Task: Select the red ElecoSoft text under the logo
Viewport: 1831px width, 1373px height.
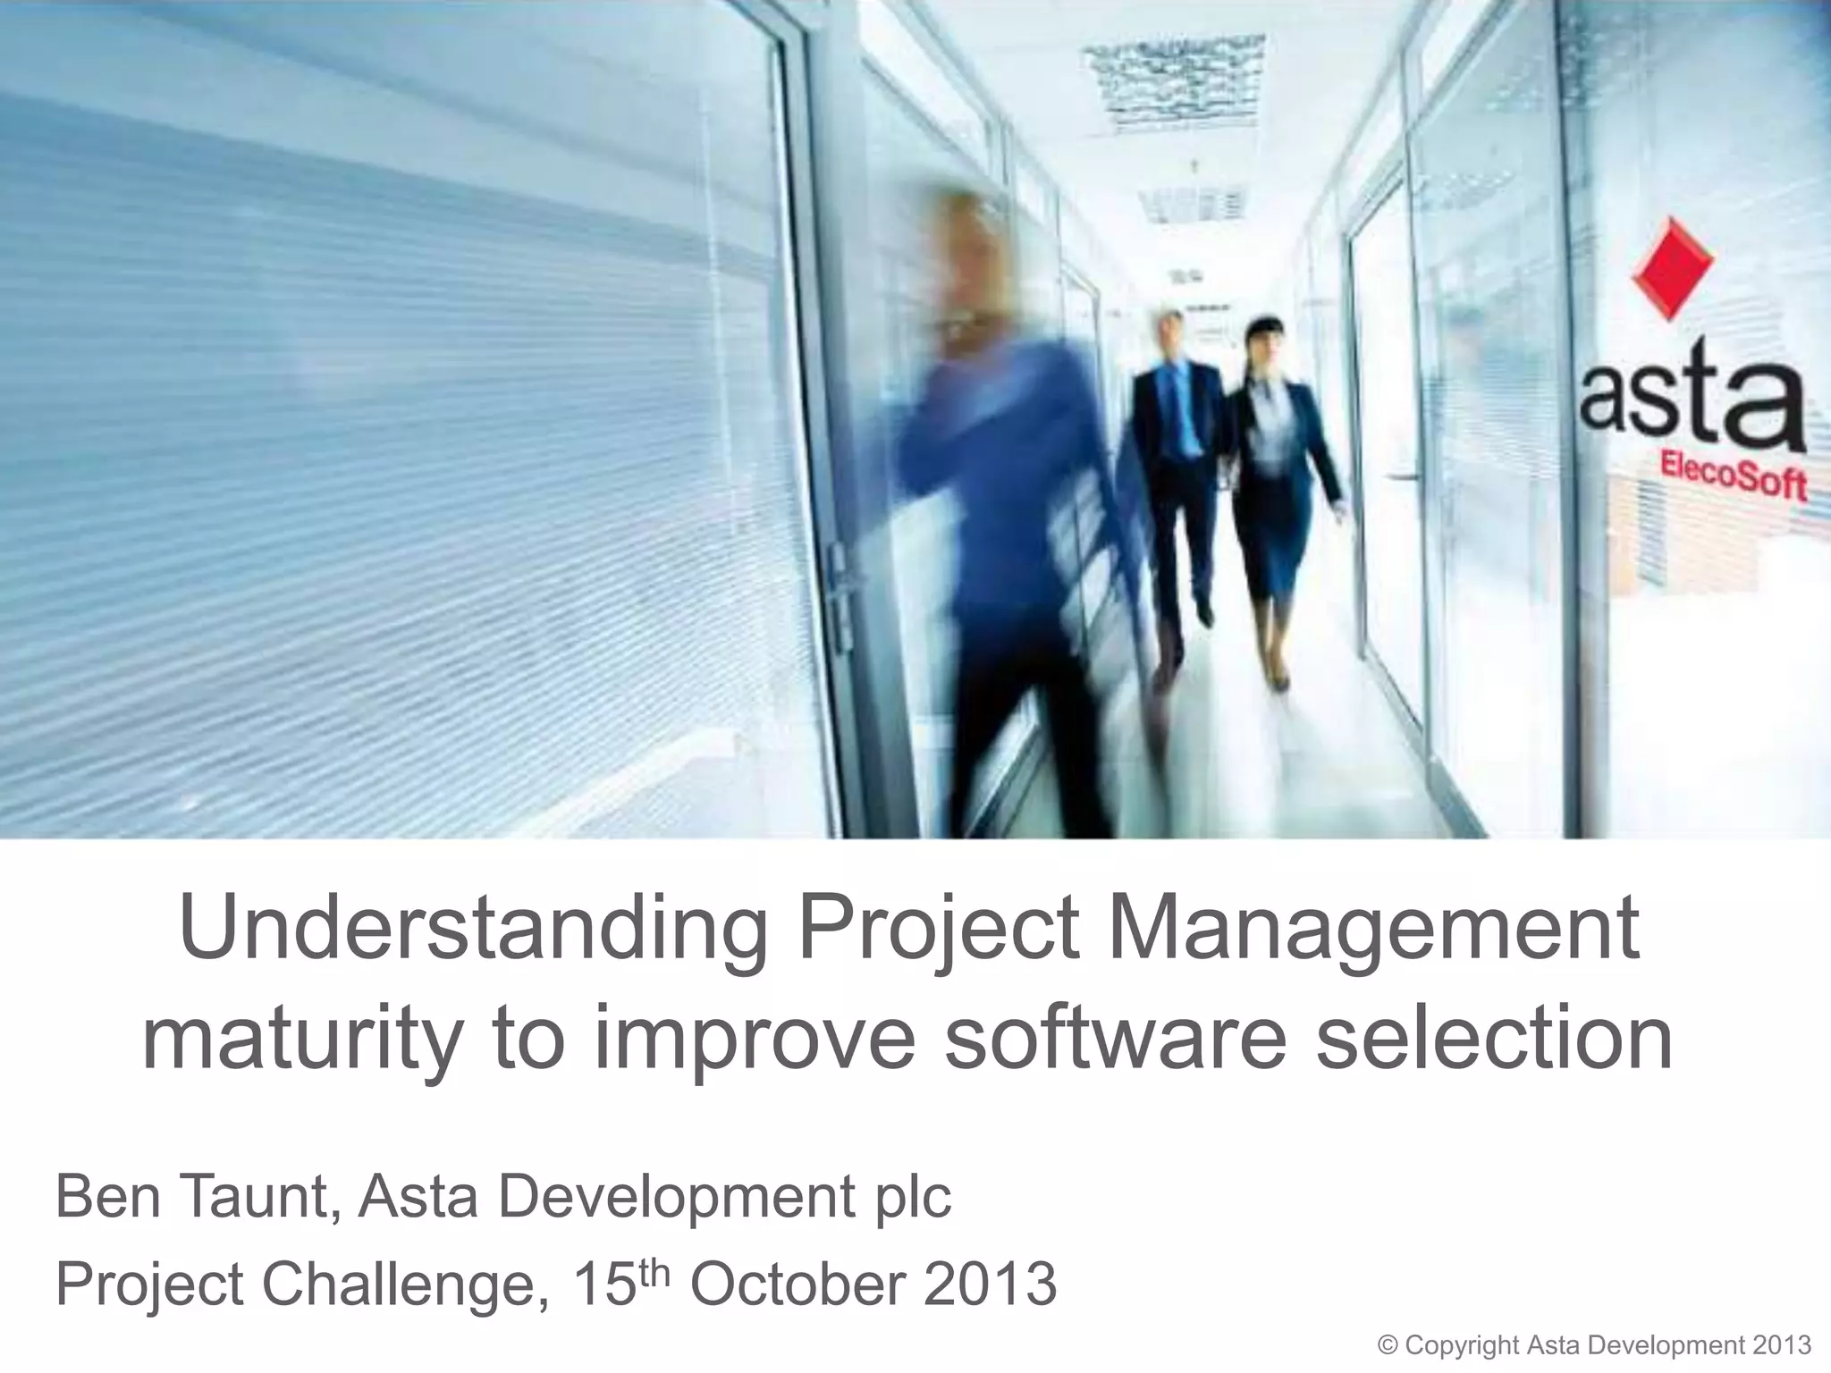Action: (1733, 475)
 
